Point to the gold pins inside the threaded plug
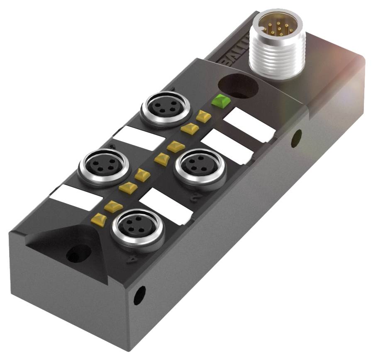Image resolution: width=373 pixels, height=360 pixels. (278, 27)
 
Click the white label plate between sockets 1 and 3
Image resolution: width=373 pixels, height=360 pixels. (134, 139)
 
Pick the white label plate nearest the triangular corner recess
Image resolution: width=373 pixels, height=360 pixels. (75, 197)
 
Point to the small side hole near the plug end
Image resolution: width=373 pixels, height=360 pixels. (296, 138)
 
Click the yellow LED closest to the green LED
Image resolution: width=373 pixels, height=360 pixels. (203, 116)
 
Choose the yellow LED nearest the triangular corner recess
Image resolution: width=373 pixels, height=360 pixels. (98, 217)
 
